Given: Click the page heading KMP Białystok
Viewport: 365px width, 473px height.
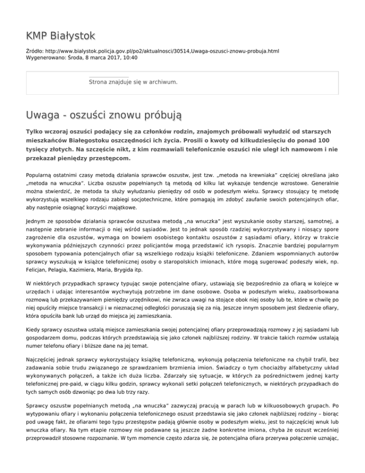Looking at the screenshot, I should (x=61, y=36).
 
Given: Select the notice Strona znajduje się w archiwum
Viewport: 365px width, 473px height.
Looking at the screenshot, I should (x=134, y=82).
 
